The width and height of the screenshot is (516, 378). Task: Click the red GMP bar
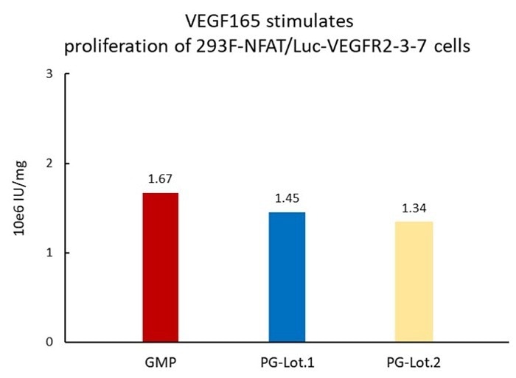(160, 267)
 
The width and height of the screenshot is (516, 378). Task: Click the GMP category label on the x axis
(160, 363)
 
